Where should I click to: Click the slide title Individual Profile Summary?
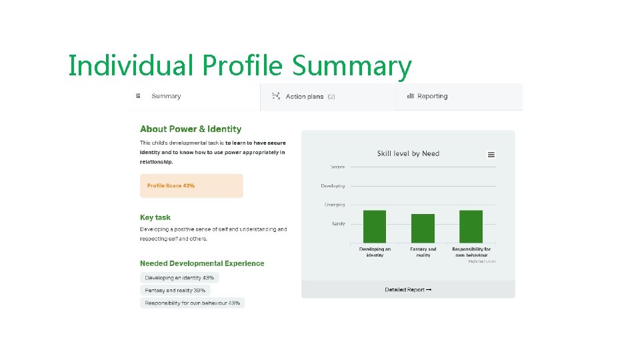(240, 66)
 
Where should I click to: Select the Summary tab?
(165, 96)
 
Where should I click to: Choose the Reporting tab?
(431, 96)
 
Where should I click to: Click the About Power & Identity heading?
(191, 129)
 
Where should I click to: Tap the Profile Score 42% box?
(191, 186)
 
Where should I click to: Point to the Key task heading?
(155, 217)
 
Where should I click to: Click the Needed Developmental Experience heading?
(202, 263)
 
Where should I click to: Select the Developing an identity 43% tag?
(179, 278)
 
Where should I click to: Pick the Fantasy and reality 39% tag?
(175, 291)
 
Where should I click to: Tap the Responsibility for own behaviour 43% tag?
(192, 303)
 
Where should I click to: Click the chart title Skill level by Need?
(408, 154)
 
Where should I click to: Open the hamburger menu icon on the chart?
(491, 155)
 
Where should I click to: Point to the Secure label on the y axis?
(338, 167)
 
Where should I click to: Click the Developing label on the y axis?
(333, 186)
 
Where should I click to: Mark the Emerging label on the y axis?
(335, 205)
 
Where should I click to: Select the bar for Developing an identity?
(375, 227)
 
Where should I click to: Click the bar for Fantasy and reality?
(423, 229)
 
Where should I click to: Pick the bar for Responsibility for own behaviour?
(471, 227)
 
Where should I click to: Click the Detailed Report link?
(408, 290)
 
